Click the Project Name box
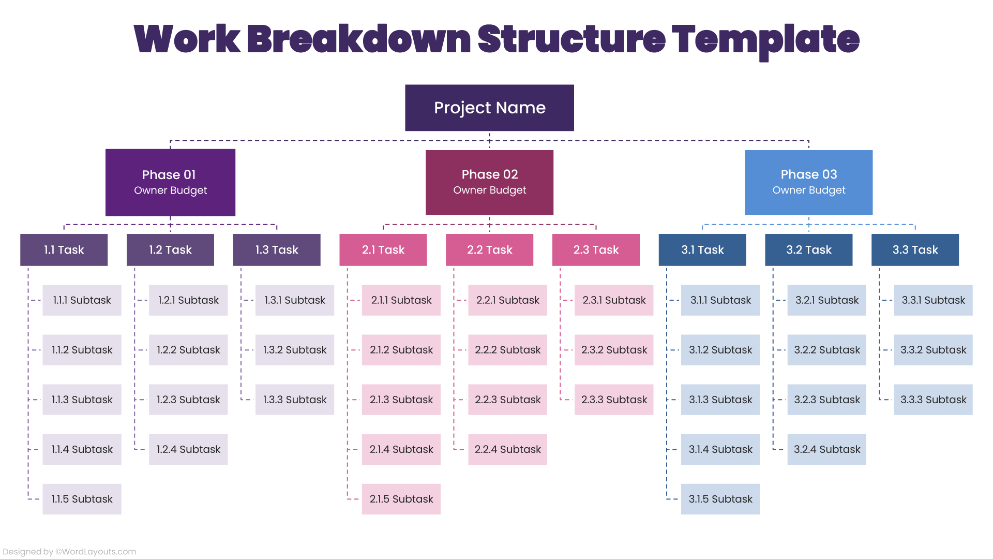click(489, 108)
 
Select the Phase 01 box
click(170, 182)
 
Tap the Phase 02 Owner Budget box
click(489, 182)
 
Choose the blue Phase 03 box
click(808, 182)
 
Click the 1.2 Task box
click(170, 250)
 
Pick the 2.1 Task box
click(383, 250)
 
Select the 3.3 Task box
click(915, 250)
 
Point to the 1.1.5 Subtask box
click(82, 499)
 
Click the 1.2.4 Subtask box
click(188, 449)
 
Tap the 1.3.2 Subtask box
click(295, 350)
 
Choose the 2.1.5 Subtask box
click(401, 499)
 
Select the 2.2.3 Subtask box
click(507, 400)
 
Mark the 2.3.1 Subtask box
click(614, 300)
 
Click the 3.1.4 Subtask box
click(720, 449)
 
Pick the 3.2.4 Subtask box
click(826, 449)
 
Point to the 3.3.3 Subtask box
click(933, 400)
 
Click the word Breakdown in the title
click(358, 39)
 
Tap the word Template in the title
click(765, 39)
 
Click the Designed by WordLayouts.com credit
click(69, 552)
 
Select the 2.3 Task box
click(596, 250)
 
